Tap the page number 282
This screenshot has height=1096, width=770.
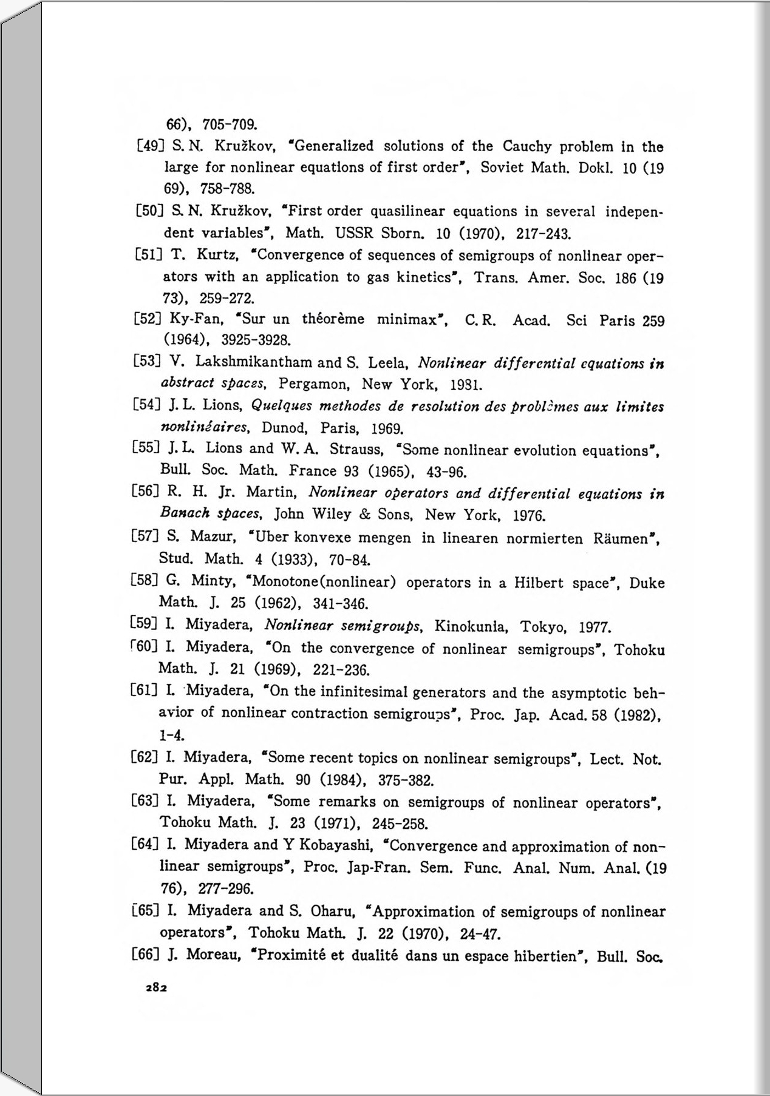click(x=156, y=987)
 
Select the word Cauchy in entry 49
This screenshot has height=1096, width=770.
click(x=526, y=147)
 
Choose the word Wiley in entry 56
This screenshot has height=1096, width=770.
click(x=332, y=515)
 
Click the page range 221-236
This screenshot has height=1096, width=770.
click(x=341, y=670)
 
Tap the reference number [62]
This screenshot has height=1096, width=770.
click(x=145, y=757)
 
